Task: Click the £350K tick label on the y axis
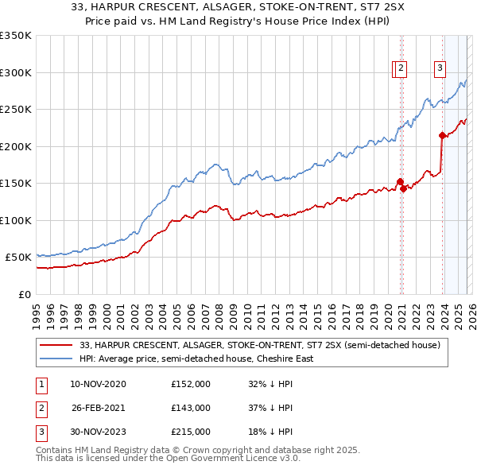pyautogui.click(x=15, y=36)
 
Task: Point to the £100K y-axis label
pyautogui.click(x=15, y=220)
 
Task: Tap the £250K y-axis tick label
pyautogui.click(x=15, y=110)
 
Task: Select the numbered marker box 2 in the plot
pyautogui.click(x=401, y=69)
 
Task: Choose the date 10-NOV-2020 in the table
pyautogui.click(x=98, y=384)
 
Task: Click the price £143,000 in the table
pyautogui.click(x=191, y=408)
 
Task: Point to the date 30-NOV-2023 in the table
pyautogui.click(x=98, y=432)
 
